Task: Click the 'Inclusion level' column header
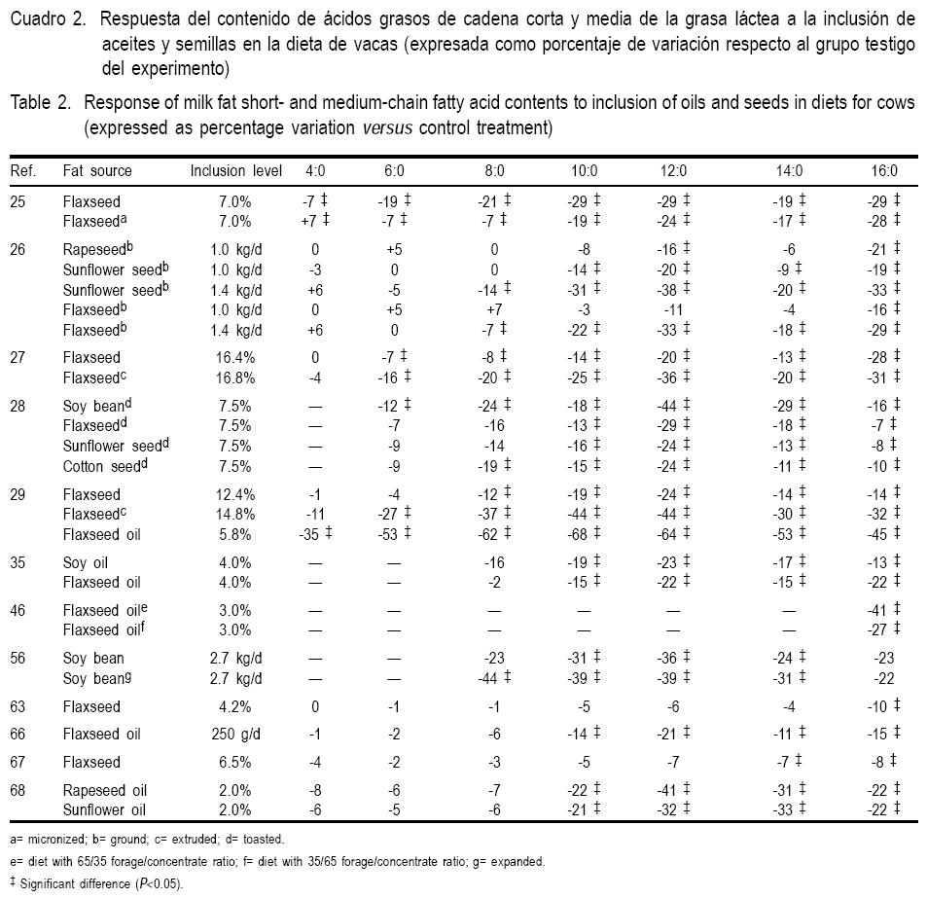[235, 170]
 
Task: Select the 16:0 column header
[883, 170]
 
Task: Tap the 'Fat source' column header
[97, 170]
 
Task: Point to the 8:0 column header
[494, 170]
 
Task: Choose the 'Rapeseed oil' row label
[105, 789]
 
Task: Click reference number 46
[18, 611]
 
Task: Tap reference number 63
[18, 706]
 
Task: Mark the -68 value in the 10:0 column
[582, 534]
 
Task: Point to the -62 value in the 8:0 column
[491, 534]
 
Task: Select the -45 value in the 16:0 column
[878, 534]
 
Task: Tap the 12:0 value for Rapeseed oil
[669, 789]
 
